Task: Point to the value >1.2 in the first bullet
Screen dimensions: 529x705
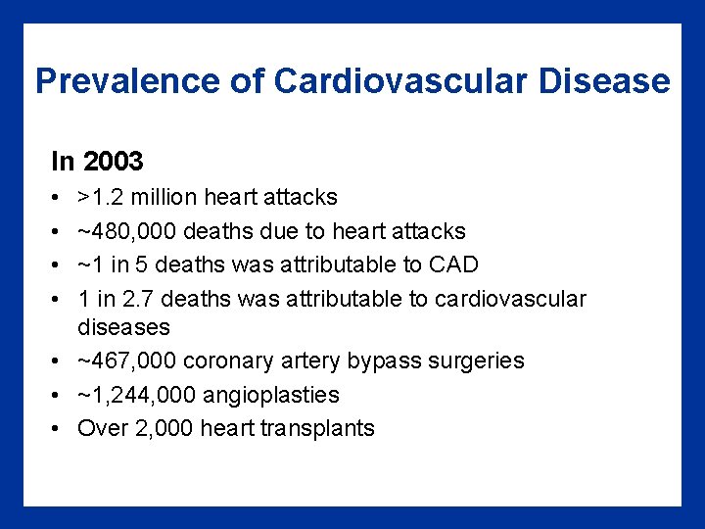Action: click(101, 198)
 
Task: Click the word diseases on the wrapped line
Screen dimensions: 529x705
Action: click(123, 327)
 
